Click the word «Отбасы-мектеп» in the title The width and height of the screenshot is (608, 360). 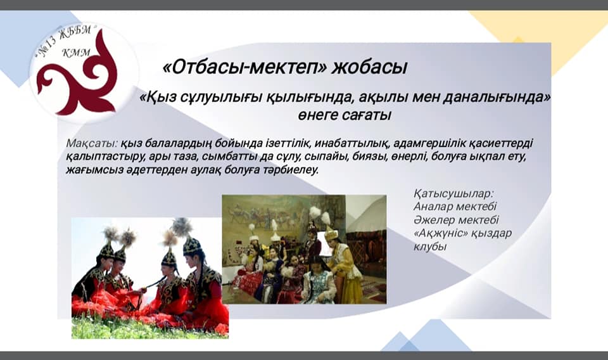(245, 67)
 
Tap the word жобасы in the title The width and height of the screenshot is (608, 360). (369, 67)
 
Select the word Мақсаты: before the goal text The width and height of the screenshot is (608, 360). (92, 143)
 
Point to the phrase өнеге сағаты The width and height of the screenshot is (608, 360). (345, 115)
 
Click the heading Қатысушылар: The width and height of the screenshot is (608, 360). (453, 193)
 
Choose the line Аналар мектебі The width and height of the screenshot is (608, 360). (455, 207)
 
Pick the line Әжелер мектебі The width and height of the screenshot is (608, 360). (456, 220)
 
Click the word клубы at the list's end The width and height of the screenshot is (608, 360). (430, 247)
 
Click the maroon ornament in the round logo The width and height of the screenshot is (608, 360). (77, 76)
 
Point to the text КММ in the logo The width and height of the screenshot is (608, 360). (76, 53)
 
